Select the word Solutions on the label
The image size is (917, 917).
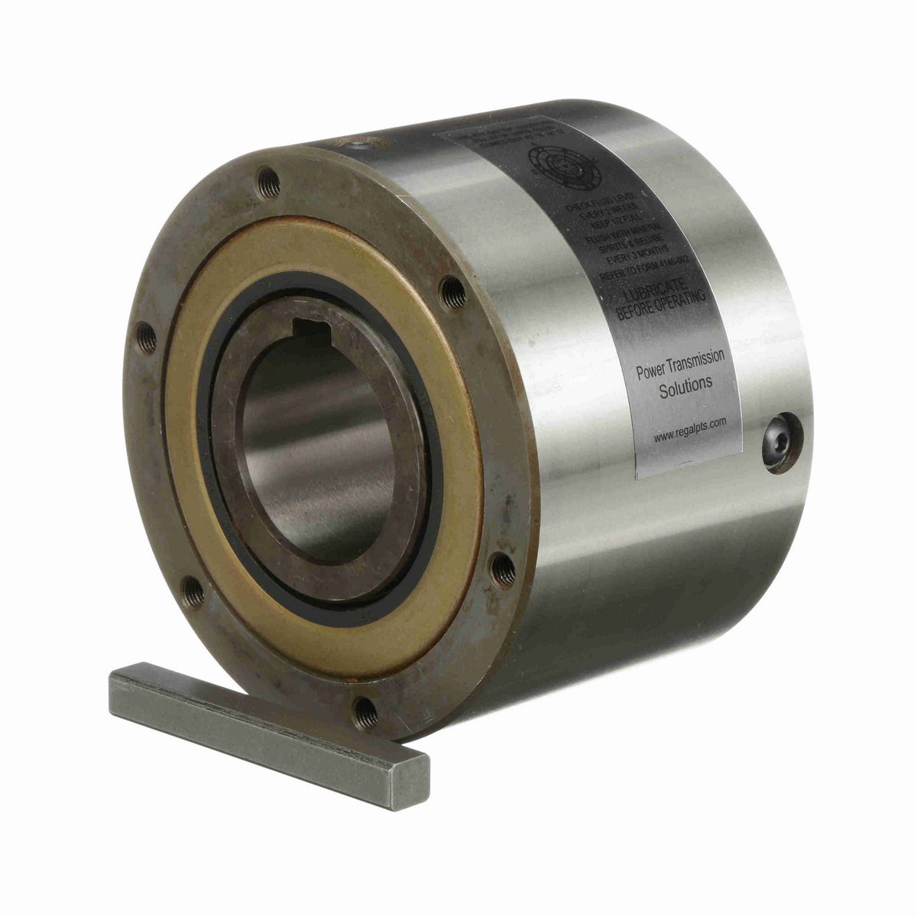685,387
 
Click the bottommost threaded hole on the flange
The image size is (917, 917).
368,712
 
